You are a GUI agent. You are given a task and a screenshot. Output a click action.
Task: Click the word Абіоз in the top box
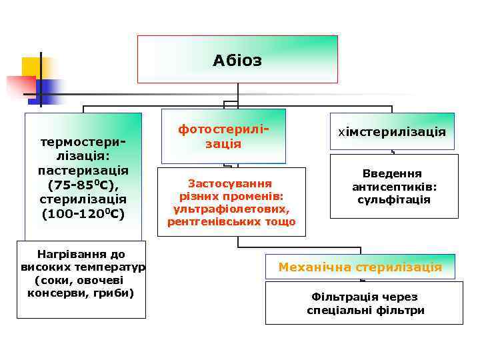tap(237, 61)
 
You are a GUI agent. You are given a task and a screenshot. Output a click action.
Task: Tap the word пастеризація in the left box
tap(83, 170)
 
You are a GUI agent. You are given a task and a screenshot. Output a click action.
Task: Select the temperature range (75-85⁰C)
tap(83, 185)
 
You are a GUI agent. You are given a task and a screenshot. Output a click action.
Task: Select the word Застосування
tap(229, 183)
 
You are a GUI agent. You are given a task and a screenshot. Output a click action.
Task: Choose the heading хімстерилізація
tap(392, 132)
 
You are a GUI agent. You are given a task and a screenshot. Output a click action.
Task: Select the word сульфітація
tap(393, 199)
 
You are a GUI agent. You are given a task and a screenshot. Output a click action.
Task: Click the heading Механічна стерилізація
tap(360, 267)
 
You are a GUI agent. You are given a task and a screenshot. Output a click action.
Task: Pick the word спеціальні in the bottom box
tap(337, 310)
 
